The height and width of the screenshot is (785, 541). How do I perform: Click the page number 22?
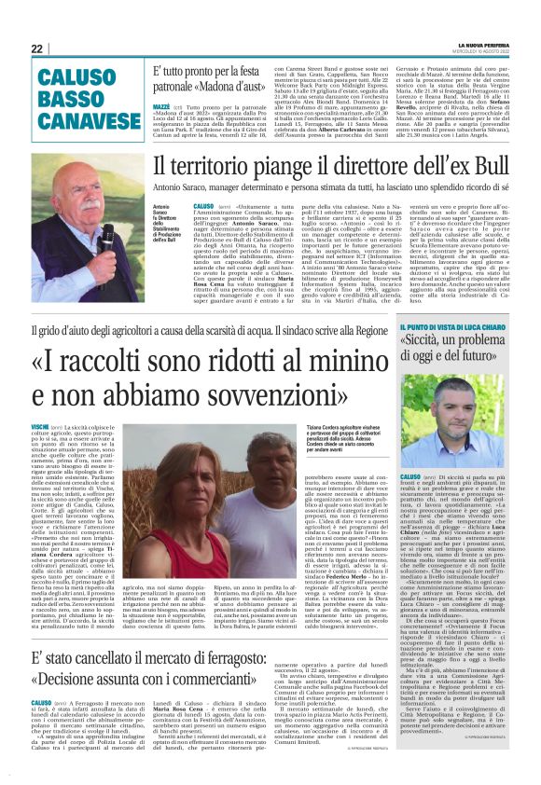pos(37,48)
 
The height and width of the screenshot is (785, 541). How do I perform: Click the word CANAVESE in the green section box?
pos(81,119)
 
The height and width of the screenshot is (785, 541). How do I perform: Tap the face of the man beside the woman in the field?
pos(287,462)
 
